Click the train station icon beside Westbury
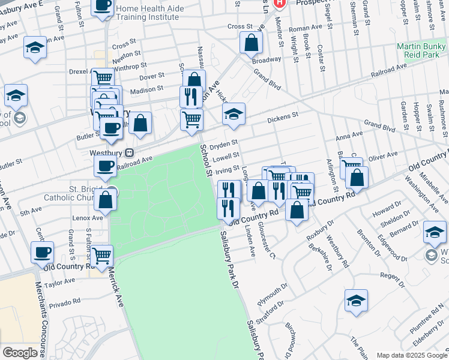(128, 153)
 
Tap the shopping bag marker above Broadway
(250, 43)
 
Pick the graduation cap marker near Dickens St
(234, 114)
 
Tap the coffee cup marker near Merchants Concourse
(42, 253)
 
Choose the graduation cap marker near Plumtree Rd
(356, 301)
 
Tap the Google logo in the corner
(20, 352)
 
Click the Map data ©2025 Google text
(411, 355)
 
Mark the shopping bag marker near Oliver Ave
(357, 178)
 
